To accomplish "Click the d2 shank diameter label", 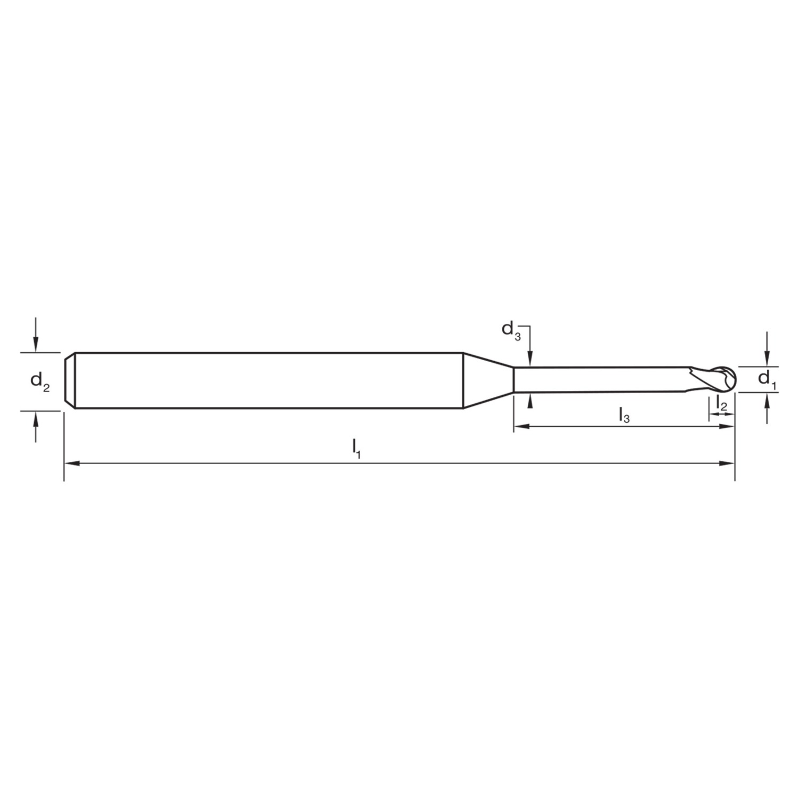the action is click(40, 381).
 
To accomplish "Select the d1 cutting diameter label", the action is click(767, 379).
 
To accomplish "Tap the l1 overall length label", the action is click(357, 449).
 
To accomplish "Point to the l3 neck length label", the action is click(624, 414).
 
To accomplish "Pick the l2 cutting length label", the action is click(721, 403).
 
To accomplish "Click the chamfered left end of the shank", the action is click(69, 380).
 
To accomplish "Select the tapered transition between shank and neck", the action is click(488, 380).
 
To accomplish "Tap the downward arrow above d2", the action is click(36, 335).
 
